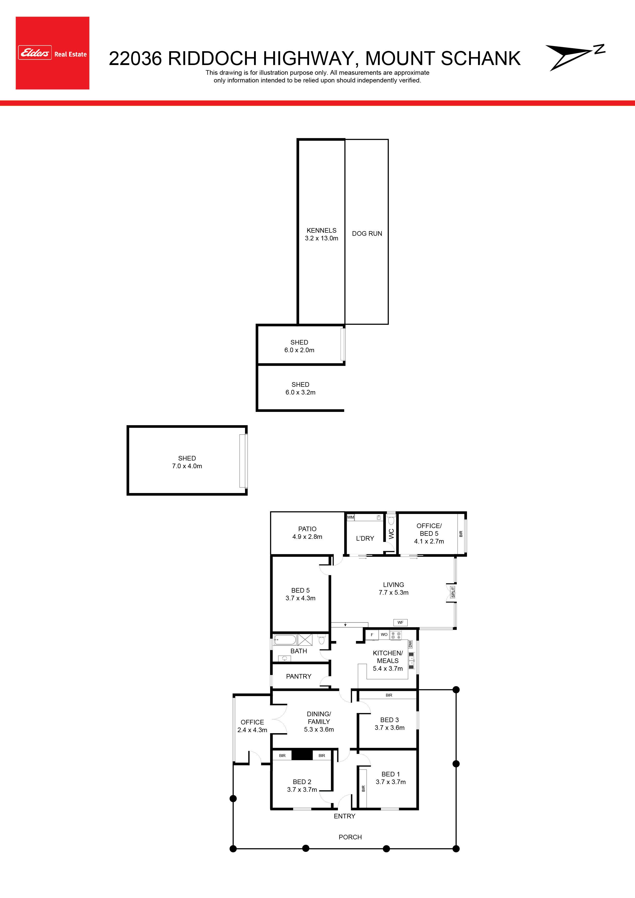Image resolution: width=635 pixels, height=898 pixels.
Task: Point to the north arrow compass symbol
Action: (575, 57)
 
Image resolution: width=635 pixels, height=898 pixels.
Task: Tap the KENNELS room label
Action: (322, 230)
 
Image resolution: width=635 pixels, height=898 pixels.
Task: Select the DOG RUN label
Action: (367, 233)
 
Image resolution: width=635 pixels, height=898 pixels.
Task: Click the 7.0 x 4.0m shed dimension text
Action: (187, 466)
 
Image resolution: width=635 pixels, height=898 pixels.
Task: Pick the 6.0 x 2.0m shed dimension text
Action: (299, 350)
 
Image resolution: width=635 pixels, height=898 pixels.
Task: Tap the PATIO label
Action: (307, 529)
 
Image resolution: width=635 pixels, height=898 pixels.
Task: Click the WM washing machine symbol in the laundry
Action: (351, 517)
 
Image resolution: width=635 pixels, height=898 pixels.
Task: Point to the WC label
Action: (391, 534)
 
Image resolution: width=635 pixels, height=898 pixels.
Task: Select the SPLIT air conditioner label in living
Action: (453, 592)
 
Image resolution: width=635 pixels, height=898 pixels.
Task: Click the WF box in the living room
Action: (400, 622)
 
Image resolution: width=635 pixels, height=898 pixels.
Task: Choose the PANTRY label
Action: (299, 676)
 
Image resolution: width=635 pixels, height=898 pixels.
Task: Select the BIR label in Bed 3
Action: (389, 695)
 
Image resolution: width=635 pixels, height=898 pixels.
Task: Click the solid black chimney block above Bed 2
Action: (302, 754)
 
